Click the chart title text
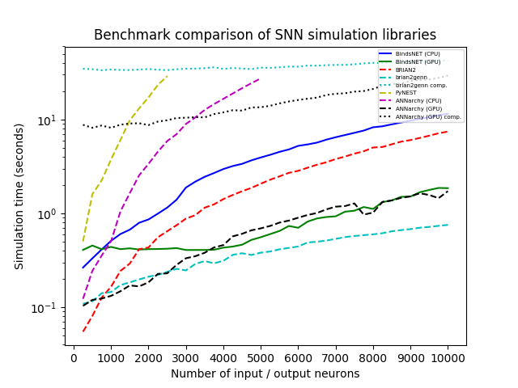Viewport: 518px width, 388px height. click(265, 36)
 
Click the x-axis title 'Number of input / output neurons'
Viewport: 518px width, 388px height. click(265, 373)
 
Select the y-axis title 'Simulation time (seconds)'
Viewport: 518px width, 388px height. click(19, 196)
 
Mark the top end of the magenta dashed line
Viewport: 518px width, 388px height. click(260, 78)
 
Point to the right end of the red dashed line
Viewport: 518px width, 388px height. click(448, 131)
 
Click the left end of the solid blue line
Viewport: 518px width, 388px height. click(83, 268)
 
